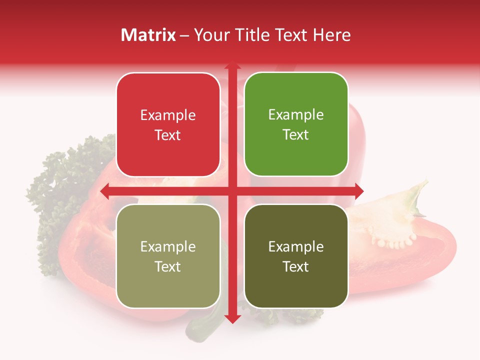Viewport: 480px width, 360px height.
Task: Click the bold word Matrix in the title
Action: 148,35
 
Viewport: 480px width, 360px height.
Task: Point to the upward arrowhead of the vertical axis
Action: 232,66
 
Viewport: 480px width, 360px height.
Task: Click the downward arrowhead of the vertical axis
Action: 232,318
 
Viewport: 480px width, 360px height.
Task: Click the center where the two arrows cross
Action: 232,191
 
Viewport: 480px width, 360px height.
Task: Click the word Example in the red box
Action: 168,115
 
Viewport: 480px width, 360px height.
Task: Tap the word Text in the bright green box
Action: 296,135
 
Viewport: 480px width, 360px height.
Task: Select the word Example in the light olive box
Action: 168,246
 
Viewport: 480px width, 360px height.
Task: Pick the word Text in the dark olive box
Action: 296,267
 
